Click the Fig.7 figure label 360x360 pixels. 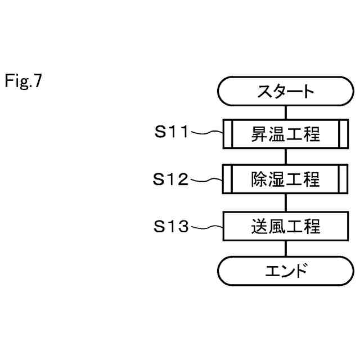pos(24,82)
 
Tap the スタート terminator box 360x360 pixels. pos(285,91)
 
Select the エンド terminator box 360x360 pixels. pos(285,271)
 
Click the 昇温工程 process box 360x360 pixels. pos(285,134)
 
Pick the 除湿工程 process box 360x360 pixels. pos(285,179)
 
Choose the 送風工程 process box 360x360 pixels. pos(285,227)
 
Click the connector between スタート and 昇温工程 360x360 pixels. pos(286,112)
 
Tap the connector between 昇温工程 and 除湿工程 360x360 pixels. pos(286,157)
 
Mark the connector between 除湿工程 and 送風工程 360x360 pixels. pos(286,203)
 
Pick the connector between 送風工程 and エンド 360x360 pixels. pos(286,249)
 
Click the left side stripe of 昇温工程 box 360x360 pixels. pos(228,134)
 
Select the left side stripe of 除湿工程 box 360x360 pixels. pos(228,179)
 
